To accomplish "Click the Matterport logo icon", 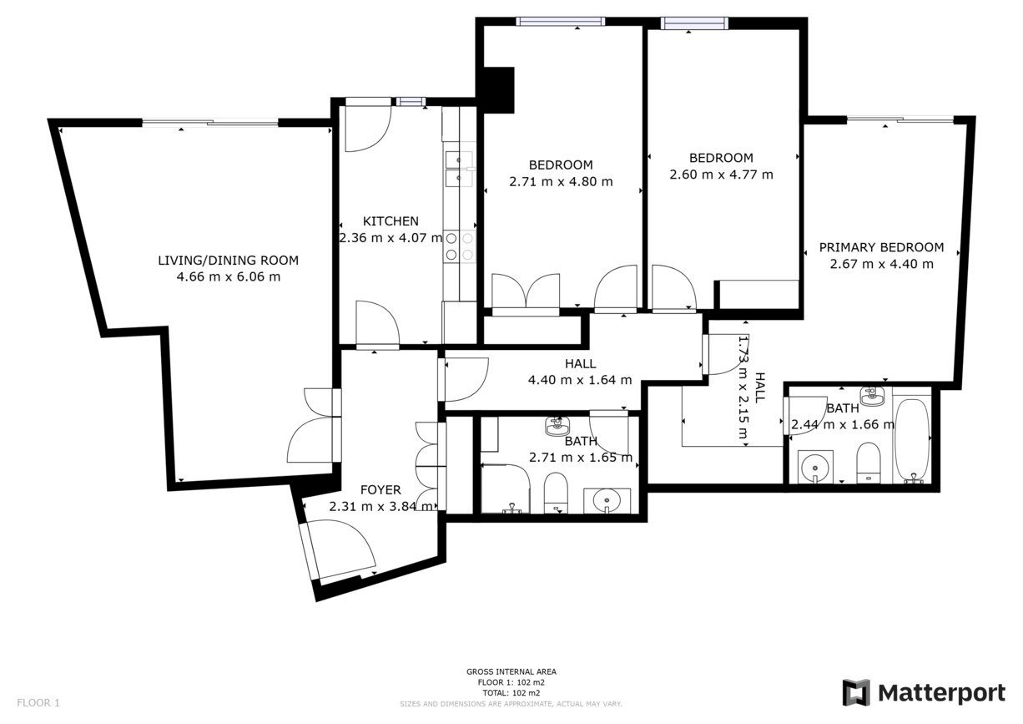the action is point(857,692).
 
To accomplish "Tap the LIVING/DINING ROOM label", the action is point(229,261).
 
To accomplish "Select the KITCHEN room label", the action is point(391,221).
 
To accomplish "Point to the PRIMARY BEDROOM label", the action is point(881,247).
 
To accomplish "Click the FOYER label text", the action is point(380,490).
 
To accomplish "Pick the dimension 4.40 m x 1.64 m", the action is point(580,380).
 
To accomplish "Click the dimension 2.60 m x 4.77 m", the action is point(722,175).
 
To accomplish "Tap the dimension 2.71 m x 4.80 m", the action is point(561,181).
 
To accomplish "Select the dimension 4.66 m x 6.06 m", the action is point(229,276).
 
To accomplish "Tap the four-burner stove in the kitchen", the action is point(460,246).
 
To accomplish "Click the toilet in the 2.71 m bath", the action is point(556,493).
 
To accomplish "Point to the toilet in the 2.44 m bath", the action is point(868,463).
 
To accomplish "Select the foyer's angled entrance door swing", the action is point(340,549).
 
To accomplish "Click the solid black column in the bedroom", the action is point(499,90).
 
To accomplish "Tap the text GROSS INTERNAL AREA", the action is point(511,671).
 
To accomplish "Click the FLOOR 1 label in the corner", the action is point(38,703).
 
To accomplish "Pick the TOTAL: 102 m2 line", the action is point(511,693).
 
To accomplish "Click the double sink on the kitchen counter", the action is point(460,170).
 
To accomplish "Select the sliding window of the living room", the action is point(210,122).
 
